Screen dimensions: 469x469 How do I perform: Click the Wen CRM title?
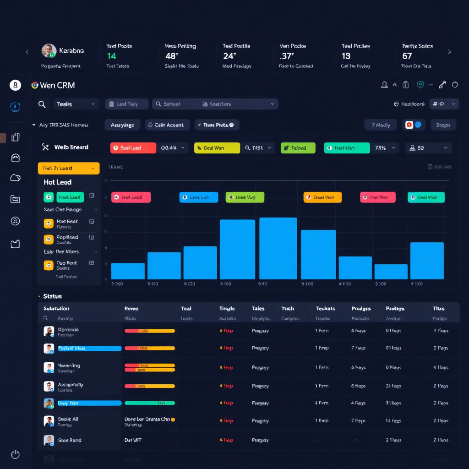pyautogui.click(x=57, y=85)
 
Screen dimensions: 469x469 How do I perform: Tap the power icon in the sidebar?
pyautogui.click(x=15, y=454)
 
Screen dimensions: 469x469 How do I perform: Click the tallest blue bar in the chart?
pyautogui.click(x=278, y=248)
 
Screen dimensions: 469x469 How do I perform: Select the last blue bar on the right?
pyautogui.click(x=427, y=261)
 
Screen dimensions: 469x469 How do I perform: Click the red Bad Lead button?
pyautogui.click(x=133, y=148)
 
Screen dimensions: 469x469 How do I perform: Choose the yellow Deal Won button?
pyautogui.click(x=217, y=148)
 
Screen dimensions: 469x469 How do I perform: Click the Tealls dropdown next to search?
pyautogui.click(x=76, y=104)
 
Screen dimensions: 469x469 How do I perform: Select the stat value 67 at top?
pyautogui.click(x=407, y=56)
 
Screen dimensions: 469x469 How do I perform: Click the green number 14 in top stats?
pyautogui.click(x=111, y=56)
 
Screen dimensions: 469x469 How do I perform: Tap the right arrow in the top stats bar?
pyautogui.click(x=449, y=52)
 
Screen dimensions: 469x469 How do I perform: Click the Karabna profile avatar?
pyautogui.click(x=49, y=51)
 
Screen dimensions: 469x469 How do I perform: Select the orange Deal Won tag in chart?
pyautogui.click(x=322, y=197)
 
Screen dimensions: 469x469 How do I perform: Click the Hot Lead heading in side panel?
pyautogui.click(x=58, y=182)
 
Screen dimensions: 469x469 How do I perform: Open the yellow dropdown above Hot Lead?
pyautogui.click(x=69, y=168)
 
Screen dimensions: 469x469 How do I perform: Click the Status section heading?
pyautogui.click(x=52, y=296)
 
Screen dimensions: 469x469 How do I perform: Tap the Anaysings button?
pyautogui.click(x=122, y=125)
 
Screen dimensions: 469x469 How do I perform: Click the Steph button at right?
pyautogui.click(x=443, y=125)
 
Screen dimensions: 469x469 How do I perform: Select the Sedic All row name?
pyautogui.click(x=68, y=419)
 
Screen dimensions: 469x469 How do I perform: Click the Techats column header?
pyautogui.click(x=325, y=309)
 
